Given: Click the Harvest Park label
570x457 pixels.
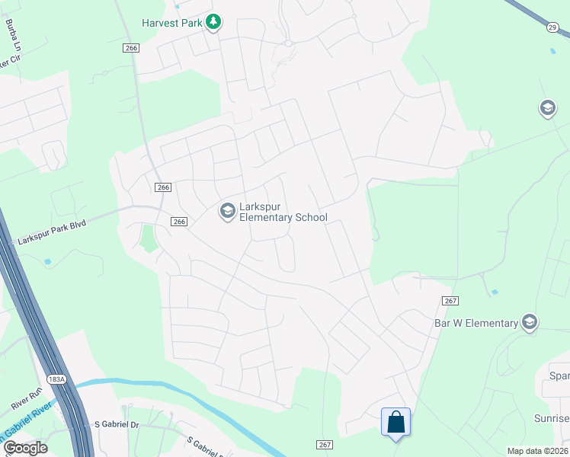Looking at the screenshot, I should click(172, 23).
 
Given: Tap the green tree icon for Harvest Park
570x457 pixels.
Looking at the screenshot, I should click(214, 22).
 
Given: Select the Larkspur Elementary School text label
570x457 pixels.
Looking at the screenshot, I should click(283, 212).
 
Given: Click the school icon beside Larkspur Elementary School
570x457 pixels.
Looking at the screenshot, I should click(227, 211).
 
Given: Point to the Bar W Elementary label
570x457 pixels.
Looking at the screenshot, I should click(476, 323).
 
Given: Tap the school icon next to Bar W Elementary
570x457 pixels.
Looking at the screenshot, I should click(530, 323).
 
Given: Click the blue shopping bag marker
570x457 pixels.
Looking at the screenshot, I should click(396, 422).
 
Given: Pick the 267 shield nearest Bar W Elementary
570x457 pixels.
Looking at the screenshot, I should click(450, 301).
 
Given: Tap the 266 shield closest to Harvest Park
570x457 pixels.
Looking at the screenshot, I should click(130, 47).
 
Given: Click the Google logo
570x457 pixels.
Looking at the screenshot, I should click(25, 448).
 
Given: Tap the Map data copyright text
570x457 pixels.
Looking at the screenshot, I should click(537, 451).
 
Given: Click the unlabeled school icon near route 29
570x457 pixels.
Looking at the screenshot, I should click(547, 108).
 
